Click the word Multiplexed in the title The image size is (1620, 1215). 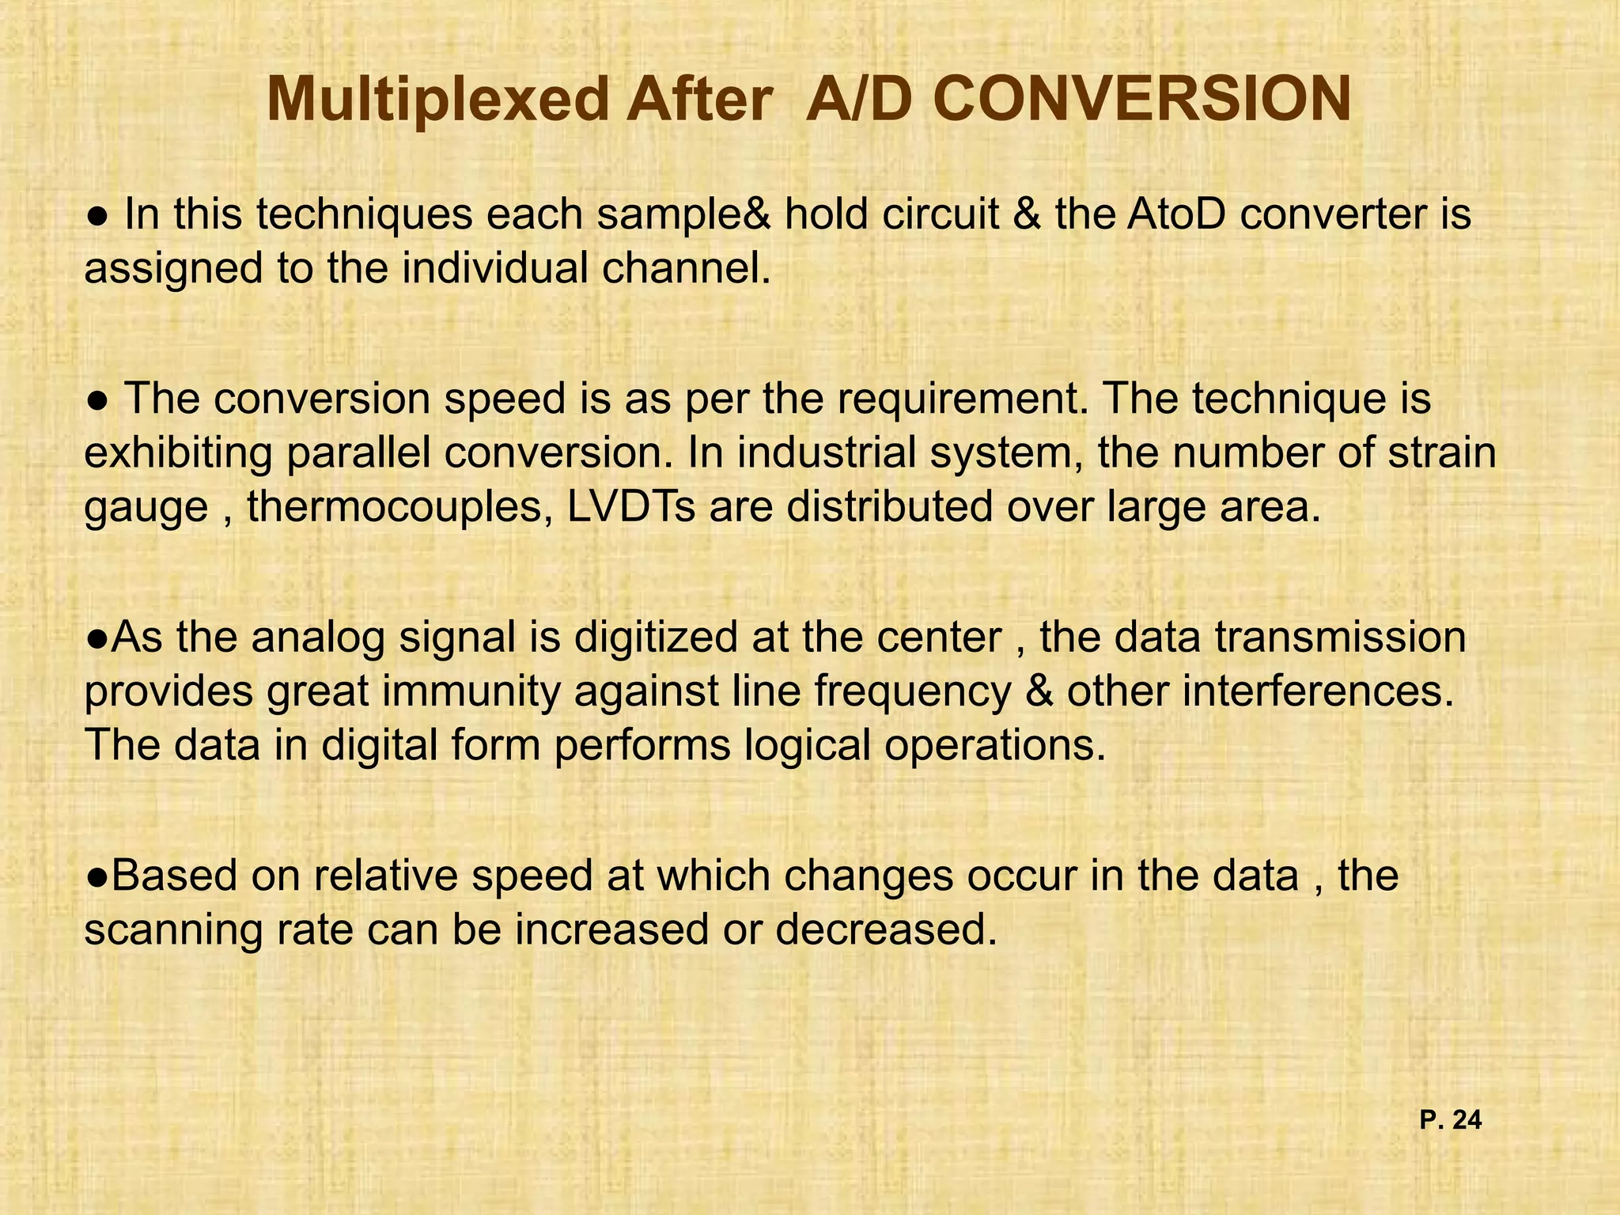[x=437, y=101]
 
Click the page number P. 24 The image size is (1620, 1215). [x=1450, y=1120]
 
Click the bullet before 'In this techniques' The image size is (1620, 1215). [x=97, y=216]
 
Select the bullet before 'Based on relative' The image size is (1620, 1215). [x=97, y=876]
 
